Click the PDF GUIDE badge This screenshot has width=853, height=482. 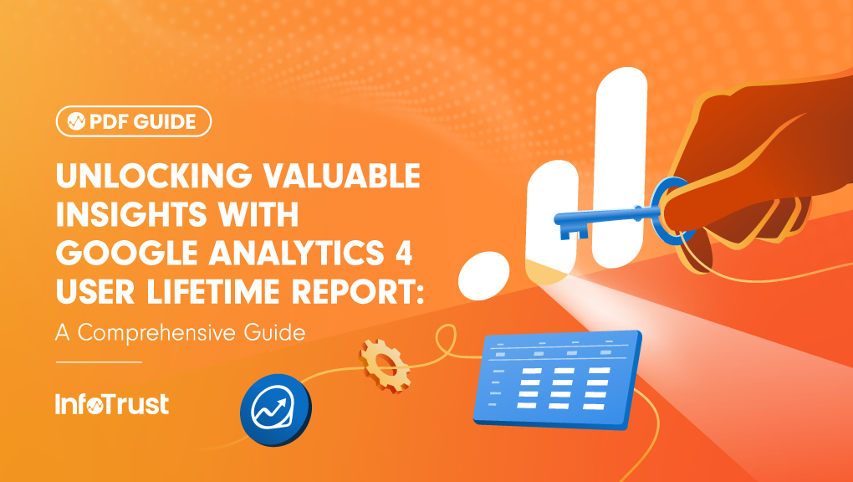click(134, 121)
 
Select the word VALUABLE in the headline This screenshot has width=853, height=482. click(348, 177)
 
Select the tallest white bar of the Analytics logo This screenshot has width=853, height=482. click(619, 167)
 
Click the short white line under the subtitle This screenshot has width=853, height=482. click(99, 362)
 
